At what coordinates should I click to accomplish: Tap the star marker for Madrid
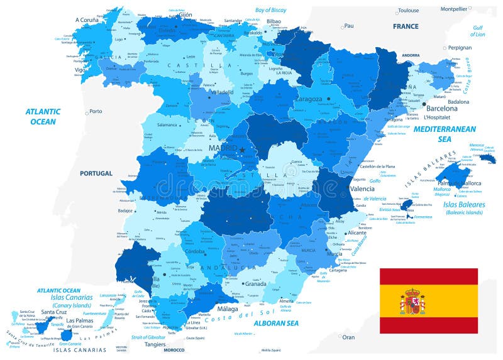pos(241,150)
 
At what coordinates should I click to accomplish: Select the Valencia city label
pos(362,188)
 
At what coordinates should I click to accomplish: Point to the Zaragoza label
pos(307,99)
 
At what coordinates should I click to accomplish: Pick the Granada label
pos(256,283)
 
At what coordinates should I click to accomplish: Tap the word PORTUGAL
pos(96,173)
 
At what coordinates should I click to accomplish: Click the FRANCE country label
pos(406,26)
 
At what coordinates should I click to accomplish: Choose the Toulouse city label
pos(408,11)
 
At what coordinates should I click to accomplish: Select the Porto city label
pos(96,112)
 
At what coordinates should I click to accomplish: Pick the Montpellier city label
pos(453,9)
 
